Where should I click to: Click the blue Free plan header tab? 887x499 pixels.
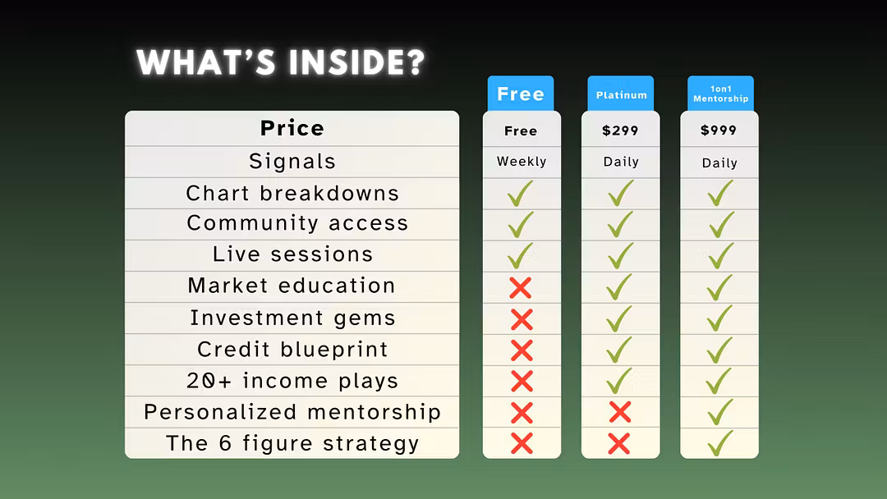[521, 94]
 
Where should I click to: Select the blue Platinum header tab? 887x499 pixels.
[621, 94]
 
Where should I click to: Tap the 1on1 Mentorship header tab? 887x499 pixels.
[721, 94]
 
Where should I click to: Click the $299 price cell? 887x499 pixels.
[620, 130]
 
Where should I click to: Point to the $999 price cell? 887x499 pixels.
[719, 130]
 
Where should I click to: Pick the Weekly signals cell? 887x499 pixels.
[522, 162]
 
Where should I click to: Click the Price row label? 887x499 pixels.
[292, 128]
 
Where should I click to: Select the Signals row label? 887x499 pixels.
[292, 162]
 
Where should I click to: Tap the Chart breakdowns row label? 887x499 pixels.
[292, 193]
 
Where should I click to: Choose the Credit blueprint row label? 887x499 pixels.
[292, 350]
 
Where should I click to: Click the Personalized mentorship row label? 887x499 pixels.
[292, 412]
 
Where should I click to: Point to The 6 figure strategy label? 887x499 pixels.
[292, 444]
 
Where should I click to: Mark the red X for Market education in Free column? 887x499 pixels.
[521, 288]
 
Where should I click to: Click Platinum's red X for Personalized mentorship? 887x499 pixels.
[620, 413]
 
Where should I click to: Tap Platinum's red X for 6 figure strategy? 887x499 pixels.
[619, 444]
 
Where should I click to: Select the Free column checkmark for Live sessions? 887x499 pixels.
[520, 256]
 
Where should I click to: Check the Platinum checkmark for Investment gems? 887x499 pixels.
[619, 318]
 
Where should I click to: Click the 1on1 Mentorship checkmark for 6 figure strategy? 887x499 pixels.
[719, 443]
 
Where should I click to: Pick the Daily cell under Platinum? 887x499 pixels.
[621, 163]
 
